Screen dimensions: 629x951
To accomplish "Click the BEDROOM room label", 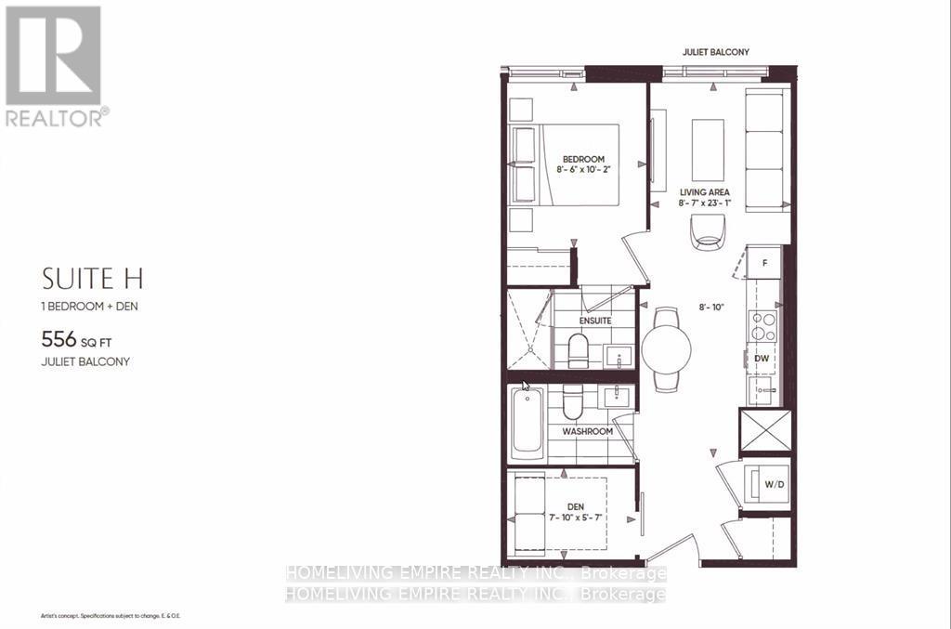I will click(582, 159).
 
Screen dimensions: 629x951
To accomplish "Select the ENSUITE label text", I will click(595, 321).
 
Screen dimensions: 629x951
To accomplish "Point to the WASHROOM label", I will click(587, 432).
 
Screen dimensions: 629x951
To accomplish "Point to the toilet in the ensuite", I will click(579, 350).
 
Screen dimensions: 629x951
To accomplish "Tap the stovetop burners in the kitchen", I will click(763, 326).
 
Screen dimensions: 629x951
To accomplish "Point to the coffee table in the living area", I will click(709, 150).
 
